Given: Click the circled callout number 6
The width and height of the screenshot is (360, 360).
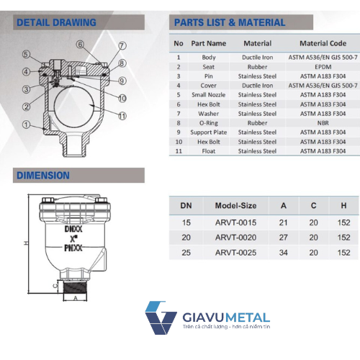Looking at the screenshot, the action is click(80, 45).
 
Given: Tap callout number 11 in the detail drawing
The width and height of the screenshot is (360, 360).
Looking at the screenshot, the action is click(122, 116).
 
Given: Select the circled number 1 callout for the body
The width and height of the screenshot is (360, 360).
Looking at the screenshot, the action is click(26, 125).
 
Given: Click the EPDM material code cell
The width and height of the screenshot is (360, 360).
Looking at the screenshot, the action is click(323, 67).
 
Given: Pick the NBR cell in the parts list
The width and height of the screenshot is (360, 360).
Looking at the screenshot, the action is click(323, 123).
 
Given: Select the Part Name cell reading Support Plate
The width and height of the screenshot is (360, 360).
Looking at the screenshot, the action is click(209, 132).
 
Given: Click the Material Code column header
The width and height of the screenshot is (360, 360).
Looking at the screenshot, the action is click(323, 43).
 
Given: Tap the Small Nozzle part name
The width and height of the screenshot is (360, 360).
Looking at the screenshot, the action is click(209, 95).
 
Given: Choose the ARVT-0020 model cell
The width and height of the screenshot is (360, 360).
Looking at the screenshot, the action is click(235, 238).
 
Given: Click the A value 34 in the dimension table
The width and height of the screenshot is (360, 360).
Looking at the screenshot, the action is click(283, 253).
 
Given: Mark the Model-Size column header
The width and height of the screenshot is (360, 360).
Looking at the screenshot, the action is click(235, 206).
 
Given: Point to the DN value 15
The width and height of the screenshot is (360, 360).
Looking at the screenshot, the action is click(186, 222).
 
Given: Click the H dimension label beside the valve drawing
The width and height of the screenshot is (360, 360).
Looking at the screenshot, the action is click(26, 243).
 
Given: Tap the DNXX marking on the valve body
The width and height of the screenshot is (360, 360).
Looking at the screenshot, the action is click(73, 229).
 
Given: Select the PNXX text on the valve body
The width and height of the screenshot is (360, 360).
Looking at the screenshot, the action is click(73, 248).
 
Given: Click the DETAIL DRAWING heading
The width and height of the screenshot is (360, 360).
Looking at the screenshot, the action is click(56, 22).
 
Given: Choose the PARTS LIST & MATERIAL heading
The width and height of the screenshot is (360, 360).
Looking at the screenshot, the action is click(230, 22).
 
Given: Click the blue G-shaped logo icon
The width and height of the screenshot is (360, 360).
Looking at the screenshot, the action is click(161, 318).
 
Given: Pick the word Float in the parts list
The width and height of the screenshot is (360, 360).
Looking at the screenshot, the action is click(209, 151).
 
